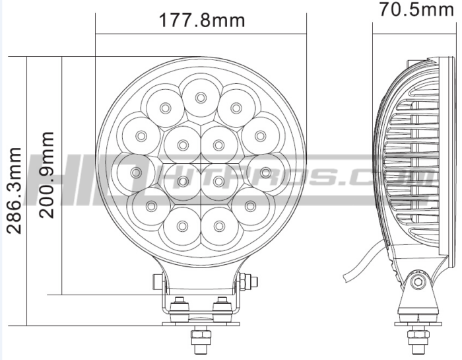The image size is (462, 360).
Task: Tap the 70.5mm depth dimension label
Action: point(418,9)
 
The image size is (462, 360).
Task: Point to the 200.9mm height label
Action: point(46,175)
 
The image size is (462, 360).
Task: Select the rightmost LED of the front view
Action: point(265,172)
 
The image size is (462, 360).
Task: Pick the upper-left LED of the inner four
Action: point(182,142)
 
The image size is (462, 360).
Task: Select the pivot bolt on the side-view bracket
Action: point(416,282)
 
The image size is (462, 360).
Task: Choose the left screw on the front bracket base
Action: point(178,306)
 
